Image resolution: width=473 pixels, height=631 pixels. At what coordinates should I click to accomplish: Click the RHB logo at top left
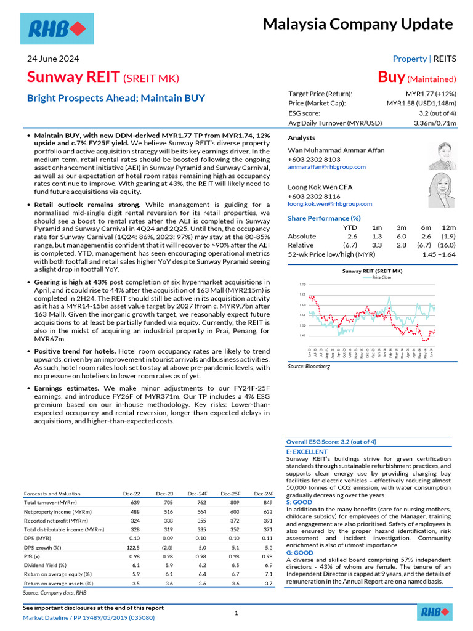click(59, 28)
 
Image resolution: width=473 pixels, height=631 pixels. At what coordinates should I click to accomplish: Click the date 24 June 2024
click(53, 59)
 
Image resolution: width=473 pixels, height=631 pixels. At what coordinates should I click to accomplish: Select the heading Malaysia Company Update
click(357, 24)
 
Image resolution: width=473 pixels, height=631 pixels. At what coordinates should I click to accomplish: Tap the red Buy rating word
click(390, 78)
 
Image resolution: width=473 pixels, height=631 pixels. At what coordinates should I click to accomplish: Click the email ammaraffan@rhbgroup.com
click(326, 166)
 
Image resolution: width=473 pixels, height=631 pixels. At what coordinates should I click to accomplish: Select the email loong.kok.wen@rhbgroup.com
click(329, 203)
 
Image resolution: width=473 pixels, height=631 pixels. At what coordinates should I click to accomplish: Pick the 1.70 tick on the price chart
click(302, 285)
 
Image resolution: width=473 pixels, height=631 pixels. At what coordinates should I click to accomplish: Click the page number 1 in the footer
click(236, 613)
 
